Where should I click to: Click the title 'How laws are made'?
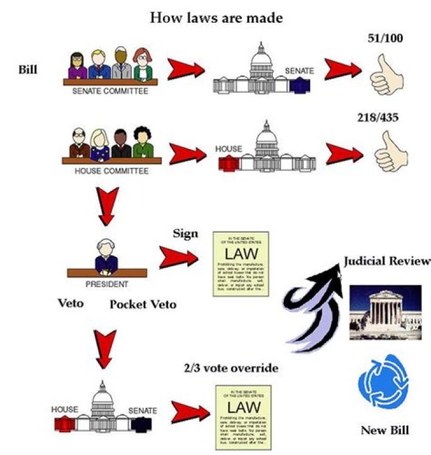click(x=216, y=17)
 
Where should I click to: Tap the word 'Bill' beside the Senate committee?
click(x=28, y=69)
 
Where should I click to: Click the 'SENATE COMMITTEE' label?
click(x=110, y=92)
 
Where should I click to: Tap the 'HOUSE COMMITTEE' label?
click(x=111, y=171)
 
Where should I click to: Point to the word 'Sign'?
click(x=185, y=233)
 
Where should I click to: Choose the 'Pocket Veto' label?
click(x=143, y=304)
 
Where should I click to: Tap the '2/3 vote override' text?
click(x=231, y=368)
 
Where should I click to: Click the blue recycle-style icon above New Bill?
click(x=383, y=385)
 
